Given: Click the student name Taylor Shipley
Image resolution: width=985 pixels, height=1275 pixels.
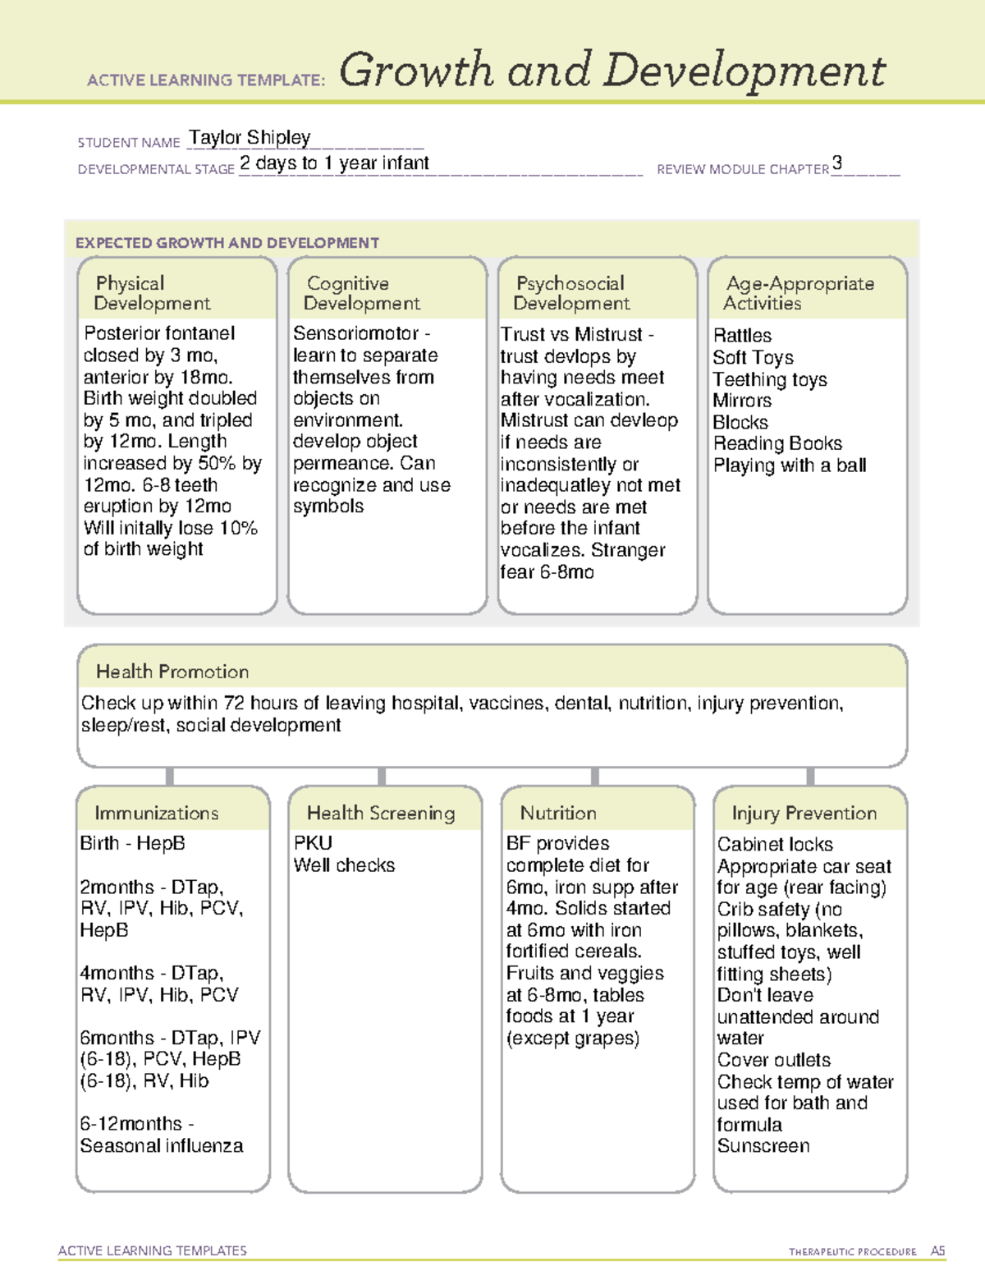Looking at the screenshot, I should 250,138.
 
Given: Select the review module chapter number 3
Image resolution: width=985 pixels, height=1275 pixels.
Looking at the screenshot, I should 836,163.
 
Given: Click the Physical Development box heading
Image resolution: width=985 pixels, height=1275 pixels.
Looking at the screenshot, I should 152,293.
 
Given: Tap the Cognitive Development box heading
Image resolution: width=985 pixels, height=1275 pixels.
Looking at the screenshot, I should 361,293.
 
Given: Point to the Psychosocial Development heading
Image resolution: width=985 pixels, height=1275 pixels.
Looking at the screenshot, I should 571,293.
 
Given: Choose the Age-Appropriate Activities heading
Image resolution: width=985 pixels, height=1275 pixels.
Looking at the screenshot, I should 799,293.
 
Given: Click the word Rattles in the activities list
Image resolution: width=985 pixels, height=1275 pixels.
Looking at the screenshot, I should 742,336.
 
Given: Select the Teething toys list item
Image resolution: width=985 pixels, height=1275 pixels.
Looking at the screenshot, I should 770,379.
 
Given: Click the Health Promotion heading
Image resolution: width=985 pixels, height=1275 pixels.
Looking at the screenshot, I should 172,672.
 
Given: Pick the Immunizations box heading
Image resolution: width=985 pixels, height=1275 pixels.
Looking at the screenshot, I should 156,813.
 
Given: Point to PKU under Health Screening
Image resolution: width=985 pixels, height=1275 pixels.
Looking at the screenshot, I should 313,843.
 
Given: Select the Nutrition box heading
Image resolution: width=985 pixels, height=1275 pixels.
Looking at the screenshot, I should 558,813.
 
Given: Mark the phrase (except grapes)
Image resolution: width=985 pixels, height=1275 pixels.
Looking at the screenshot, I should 572,1039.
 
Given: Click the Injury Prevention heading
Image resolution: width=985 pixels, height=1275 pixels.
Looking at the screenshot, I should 804,813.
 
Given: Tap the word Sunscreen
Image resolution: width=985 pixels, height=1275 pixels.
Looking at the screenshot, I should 763,1146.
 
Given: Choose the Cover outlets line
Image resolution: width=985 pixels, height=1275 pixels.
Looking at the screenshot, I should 773,1060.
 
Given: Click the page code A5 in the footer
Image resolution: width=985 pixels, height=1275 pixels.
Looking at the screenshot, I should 937,1251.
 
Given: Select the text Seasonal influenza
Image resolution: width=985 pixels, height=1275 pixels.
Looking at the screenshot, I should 162,1146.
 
